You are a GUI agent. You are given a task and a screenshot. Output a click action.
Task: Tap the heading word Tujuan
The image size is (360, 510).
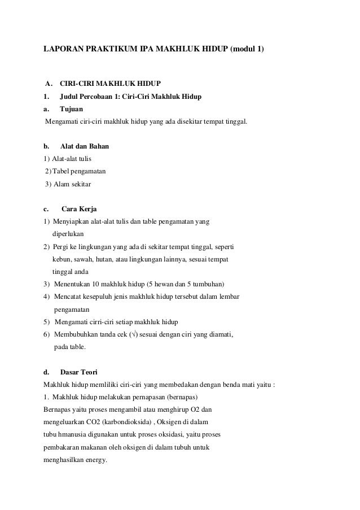tap(72, 109)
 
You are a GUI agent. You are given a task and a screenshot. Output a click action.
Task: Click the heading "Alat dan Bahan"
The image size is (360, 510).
tap(85, 146)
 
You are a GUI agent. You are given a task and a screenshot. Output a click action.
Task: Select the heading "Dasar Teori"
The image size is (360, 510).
tap(78, 372)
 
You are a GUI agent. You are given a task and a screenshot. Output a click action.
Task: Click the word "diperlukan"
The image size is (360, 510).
tap(68, 234)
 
